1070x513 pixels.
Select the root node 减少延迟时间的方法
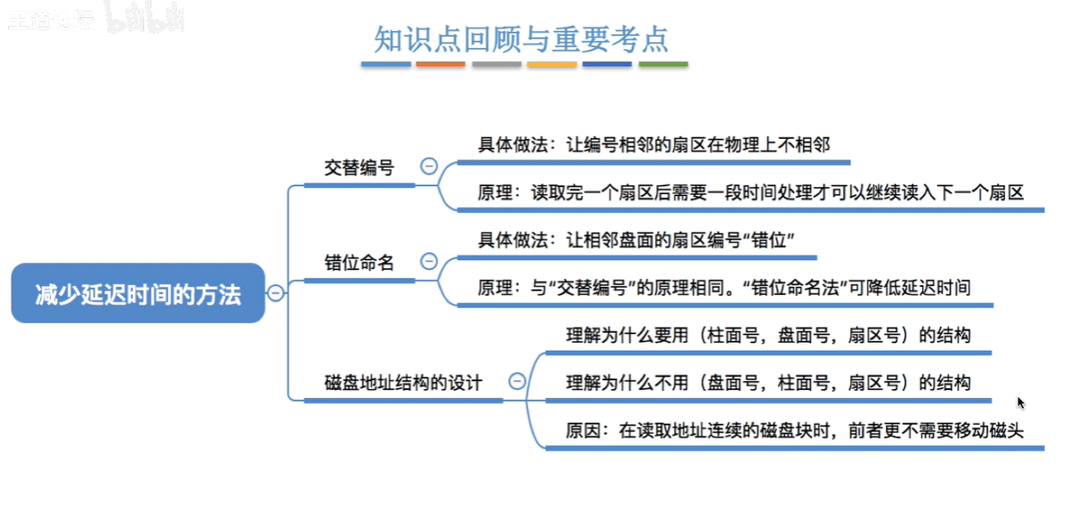click(138, 293)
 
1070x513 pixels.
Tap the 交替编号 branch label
click(359, 167)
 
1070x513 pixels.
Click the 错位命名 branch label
click(359, 262)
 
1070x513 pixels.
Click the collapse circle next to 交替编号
click(429, 167)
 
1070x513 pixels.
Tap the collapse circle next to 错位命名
click(429, 261)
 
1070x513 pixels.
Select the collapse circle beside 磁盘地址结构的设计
click(517, 381)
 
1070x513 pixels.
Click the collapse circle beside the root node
click(276, 293)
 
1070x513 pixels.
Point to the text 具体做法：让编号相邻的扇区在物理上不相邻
click(654, 144)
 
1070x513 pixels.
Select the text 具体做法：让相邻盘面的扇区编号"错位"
click(636, 240)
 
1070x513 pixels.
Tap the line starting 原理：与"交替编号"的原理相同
click(724, 288)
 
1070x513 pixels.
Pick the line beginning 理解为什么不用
click(768, 383)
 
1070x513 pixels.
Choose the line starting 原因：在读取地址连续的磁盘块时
click(795, 431)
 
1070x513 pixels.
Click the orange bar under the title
click(441, 65)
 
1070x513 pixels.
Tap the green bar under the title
click(663, 65)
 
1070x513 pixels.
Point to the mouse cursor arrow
click(1021, 403)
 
